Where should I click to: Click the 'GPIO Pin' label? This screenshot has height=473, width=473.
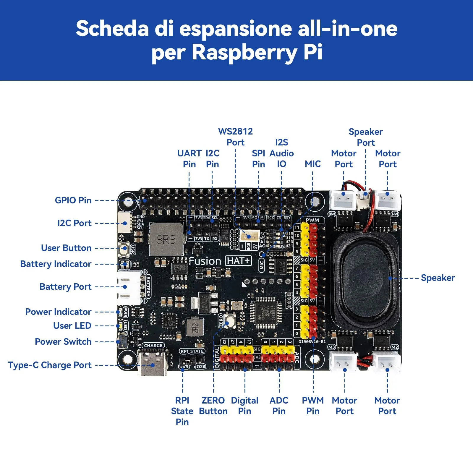pyautogui.click(x=73, y=200)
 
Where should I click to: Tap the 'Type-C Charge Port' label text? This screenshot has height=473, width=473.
pyautogui.click(x=50, y=365)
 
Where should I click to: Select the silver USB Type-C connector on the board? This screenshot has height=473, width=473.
pyautogui.click(x=153, y=364)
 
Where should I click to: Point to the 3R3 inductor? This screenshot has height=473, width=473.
pyautogui.click(x=166, y=239)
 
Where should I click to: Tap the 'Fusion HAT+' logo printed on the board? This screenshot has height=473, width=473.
pyautogui.click(x=220, y=261)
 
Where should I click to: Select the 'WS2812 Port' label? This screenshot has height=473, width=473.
pyautogui.click(x=235, y=137)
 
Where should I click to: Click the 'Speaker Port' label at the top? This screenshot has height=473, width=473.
pyautogui.click(x=366, y=137)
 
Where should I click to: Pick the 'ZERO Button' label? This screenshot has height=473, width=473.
pyautogui.click(x=213, y=406)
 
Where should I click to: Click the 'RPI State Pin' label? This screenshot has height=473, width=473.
pyautogui.click(x=182, y=411)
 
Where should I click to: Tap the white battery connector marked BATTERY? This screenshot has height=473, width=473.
pyautogui.click(x=129, y=287)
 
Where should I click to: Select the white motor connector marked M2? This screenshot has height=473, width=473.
pyautogui.click(x=387, y=361)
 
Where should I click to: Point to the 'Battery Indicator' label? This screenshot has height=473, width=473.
pyautogui.click(x=56, y=264)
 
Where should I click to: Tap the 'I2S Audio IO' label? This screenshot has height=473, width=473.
pyautogui.click(x=281, y=153)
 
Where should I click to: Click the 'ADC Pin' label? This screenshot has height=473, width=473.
pyautogui.click(x=279, y=406)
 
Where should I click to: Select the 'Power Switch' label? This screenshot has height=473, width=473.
pyautogui.click(x=63, y=342)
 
